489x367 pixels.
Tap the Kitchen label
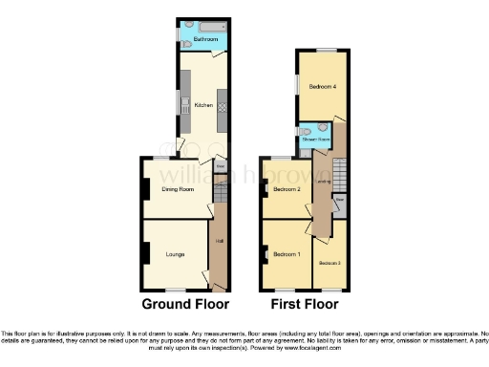tap(202, 104)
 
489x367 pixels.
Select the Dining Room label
tap(177, 189)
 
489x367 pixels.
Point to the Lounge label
tap(176, 254)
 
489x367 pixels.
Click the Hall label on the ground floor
tap(219, 241)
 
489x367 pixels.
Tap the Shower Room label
tap(315, 140)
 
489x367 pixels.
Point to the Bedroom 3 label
tap(330, 262)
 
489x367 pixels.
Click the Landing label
tap(325, 179)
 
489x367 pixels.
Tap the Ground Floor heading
tap(185, 305)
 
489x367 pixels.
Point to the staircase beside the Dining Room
tap(220, 195)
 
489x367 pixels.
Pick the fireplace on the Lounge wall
tap(145, 253)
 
